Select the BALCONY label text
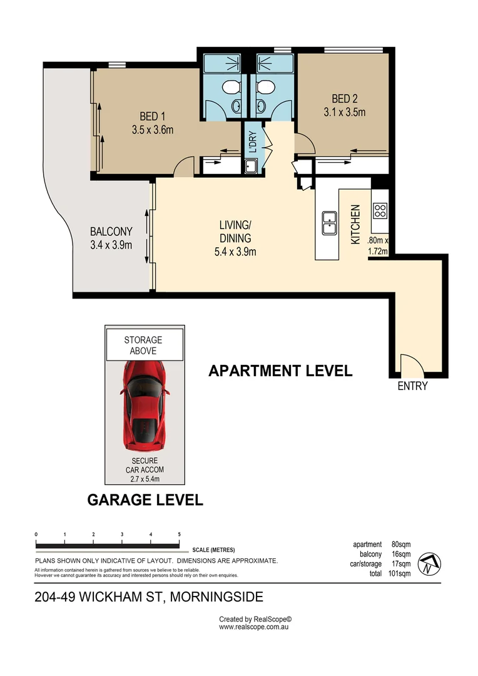point(111,231)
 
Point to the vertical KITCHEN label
point(355,223)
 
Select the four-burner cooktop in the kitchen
point(380,210)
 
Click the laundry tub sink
point(251,166)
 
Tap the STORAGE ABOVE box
point(143,346)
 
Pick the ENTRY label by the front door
point(413,386)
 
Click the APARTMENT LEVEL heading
point(280,371)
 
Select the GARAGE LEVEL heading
point(145,499)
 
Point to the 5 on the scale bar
point(180,534)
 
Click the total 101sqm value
point(399,573)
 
